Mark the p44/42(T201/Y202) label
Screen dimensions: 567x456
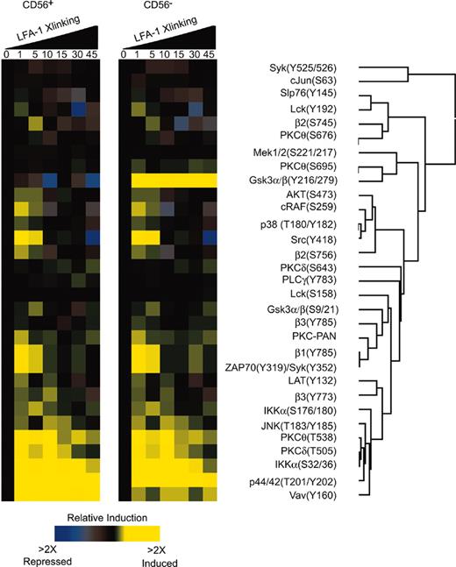coord(297,482)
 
